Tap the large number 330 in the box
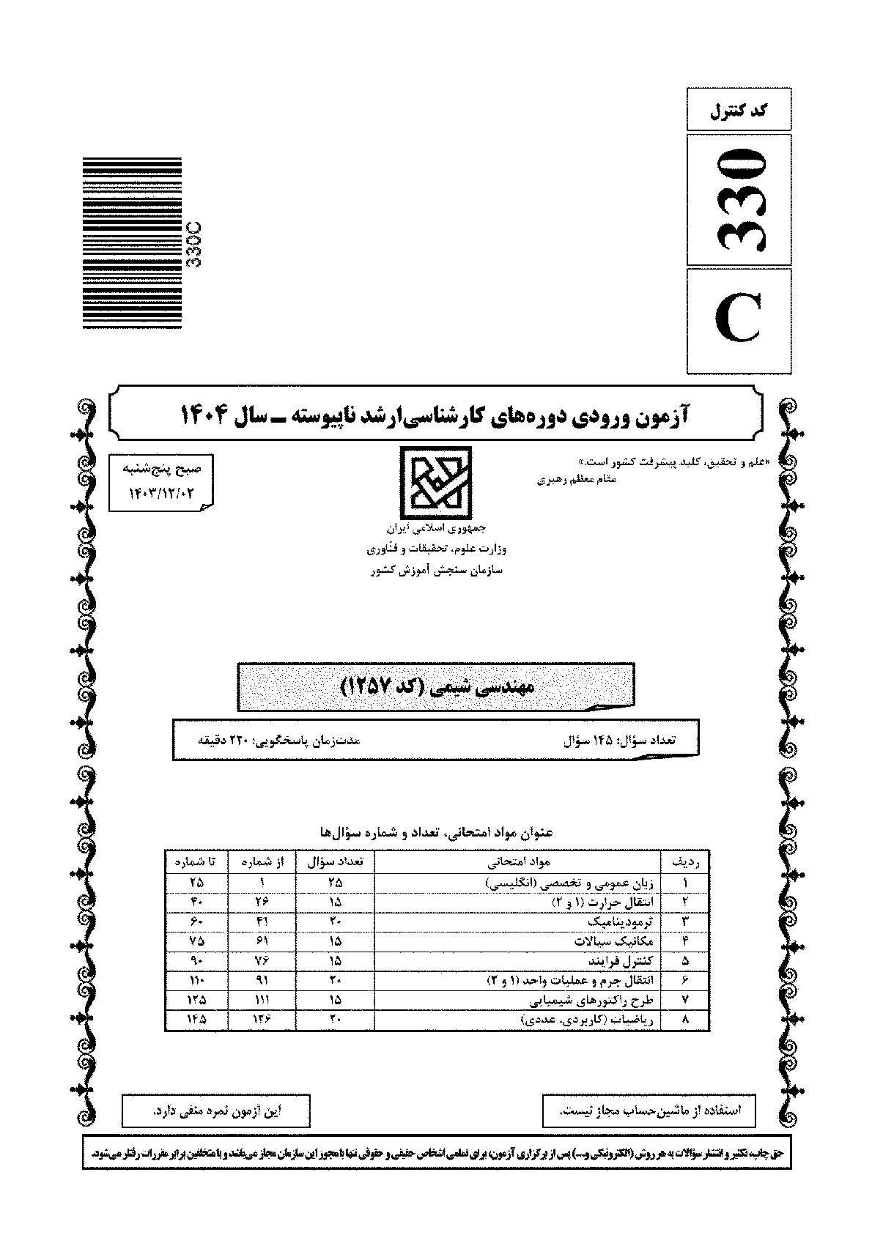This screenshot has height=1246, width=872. tap(739, 199)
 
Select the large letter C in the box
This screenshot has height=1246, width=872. tap(739, 321)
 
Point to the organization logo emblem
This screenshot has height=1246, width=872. tap(435, 480)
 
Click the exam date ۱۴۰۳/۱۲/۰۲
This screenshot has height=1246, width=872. tap(161, 495)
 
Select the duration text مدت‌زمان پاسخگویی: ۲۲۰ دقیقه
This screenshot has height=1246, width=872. tap(279, 740)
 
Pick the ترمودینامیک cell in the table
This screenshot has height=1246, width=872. tap(620, 921)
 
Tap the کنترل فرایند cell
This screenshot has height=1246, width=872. tap(621, 960)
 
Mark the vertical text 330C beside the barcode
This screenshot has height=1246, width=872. tap(195, 244)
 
